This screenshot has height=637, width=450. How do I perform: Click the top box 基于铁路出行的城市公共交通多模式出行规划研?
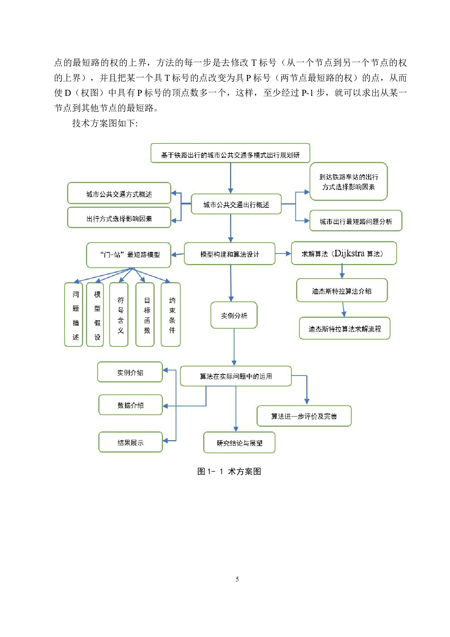click(230, 154)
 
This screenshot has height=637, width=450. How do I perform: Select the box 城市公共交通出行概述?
click(236, 204)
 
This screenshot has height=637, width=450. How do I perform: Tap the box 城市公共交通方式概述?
click(119, 194)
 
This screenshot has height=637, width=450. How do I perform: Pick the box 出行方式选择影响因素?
click(119, 218)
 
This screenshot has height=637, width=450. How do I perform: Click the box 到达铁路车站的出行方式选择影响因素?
click(348, 182)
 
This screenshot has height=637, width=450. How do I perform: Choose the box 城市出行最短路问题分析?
click(356, 221)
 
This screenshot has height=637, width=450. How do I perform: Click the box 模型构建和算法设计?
click(230, 254)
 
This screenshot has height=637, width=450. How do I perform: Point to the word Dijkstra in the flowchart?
click(349, 253)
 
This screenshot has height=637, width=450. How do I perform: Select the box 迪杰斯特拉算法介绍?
click(342, 291)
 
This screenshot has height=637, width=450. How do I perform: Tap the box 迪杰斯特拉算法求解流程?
click(344, 329)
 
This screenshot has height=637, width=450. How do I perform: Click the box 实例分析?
click(234, 315)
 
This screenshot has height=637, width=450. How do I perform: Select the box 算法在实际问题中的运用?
click(236, 376)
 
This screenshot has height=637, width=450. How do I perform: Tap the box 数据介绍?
click(131, 405)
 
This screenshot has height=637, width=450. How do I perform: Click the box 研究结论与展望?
click(240, 443)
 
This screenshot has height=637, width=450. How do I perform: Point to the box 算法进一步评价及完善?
click(304, 416)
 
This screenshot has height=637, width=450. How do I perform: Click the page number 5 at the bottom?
click(237, 579)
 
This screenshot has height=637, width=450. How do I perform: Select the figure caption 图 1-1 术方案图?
click(229, 471)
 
